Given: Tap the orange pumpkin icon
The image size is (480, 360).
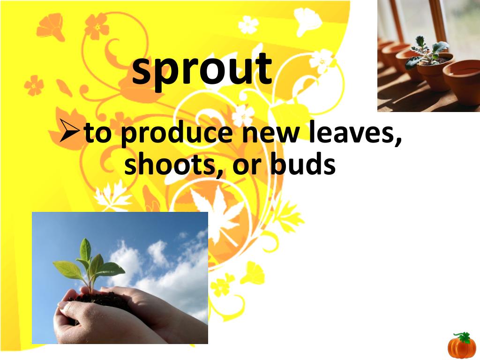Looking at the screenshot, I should pyautogui.click(x=461, y=347).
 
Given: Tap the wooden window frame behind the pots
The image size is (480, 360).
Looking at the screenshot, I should pyautogui.click(x=439, y=19).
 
